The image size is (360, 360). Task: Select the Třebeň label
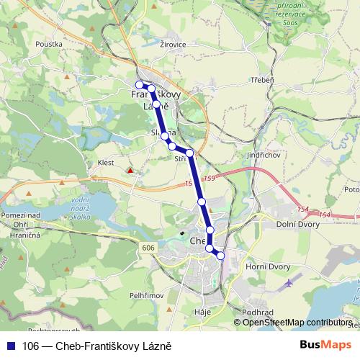261,80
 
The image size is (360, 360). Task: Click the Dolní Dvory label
297,225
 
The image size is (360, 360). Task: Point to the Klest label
106,163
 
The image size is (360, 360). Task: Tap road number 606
148,247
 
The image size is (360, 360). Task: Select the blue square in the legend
10,346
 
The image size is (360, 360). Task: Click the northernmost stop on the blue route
140,85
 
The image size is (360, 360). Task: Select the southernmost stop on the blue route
220,256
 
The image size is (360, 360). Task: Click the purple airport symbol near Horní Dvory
289,282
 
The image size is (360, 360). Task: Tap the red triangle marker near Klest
130,171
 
